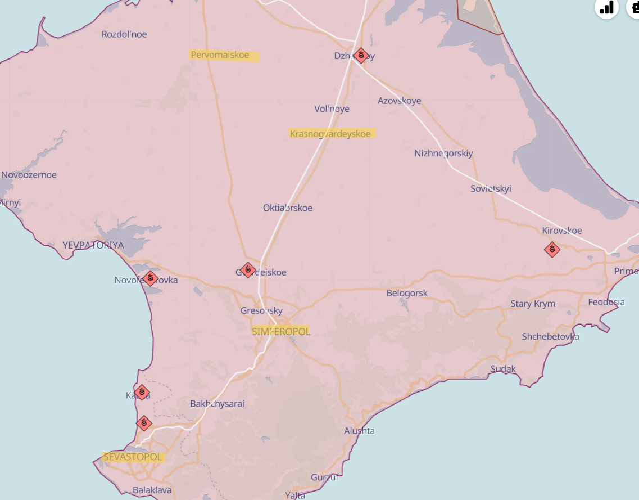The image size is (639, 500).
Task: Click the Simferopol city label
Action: tap(281, 331)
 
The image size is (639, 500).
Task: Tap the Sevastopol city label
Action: tap(133, 457)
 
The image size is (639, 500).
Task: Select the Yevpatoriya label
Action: tap(93, 245)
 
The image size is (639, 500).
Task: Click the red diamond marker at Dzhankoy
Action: tap(361, 55)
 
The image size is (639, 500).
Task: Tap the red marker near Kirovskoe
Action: tap(552, 249)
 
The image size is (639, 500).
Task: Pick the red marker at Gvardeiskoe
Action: tap(248, 271)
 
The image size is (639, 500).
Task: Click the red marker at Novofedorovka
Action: tap(150, 278)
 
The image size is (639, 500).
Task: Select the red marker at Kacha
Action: tap(142, 392)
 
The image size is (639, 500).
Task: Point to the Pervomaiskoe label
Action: tap(220, 55)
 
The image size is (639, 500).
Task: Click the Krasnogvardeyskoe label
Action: tap(330, 134)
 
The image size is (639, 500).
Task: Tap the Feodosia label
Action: tap(606, 302)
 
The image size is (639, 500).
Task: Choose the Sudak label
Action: tap(503, 369)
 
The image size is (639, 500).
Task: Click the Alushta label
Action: tap(359, 431)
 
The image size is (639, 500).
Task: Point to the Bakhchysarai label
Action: tap(217, 403)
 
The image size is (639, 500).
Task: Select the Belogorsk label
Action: tap(407, 293)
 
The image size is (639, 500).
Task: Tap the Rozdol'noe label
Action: tap(124, 34)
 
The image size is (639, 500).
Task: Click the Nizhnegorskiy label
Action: tap(443, 153)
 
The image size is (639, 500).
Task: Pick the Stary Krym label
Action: tap(533, 304)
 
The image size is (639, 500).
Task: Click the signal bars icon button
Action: tap(606, 7)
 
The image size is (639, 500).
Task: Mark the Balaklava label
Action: tap(152, 490)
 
